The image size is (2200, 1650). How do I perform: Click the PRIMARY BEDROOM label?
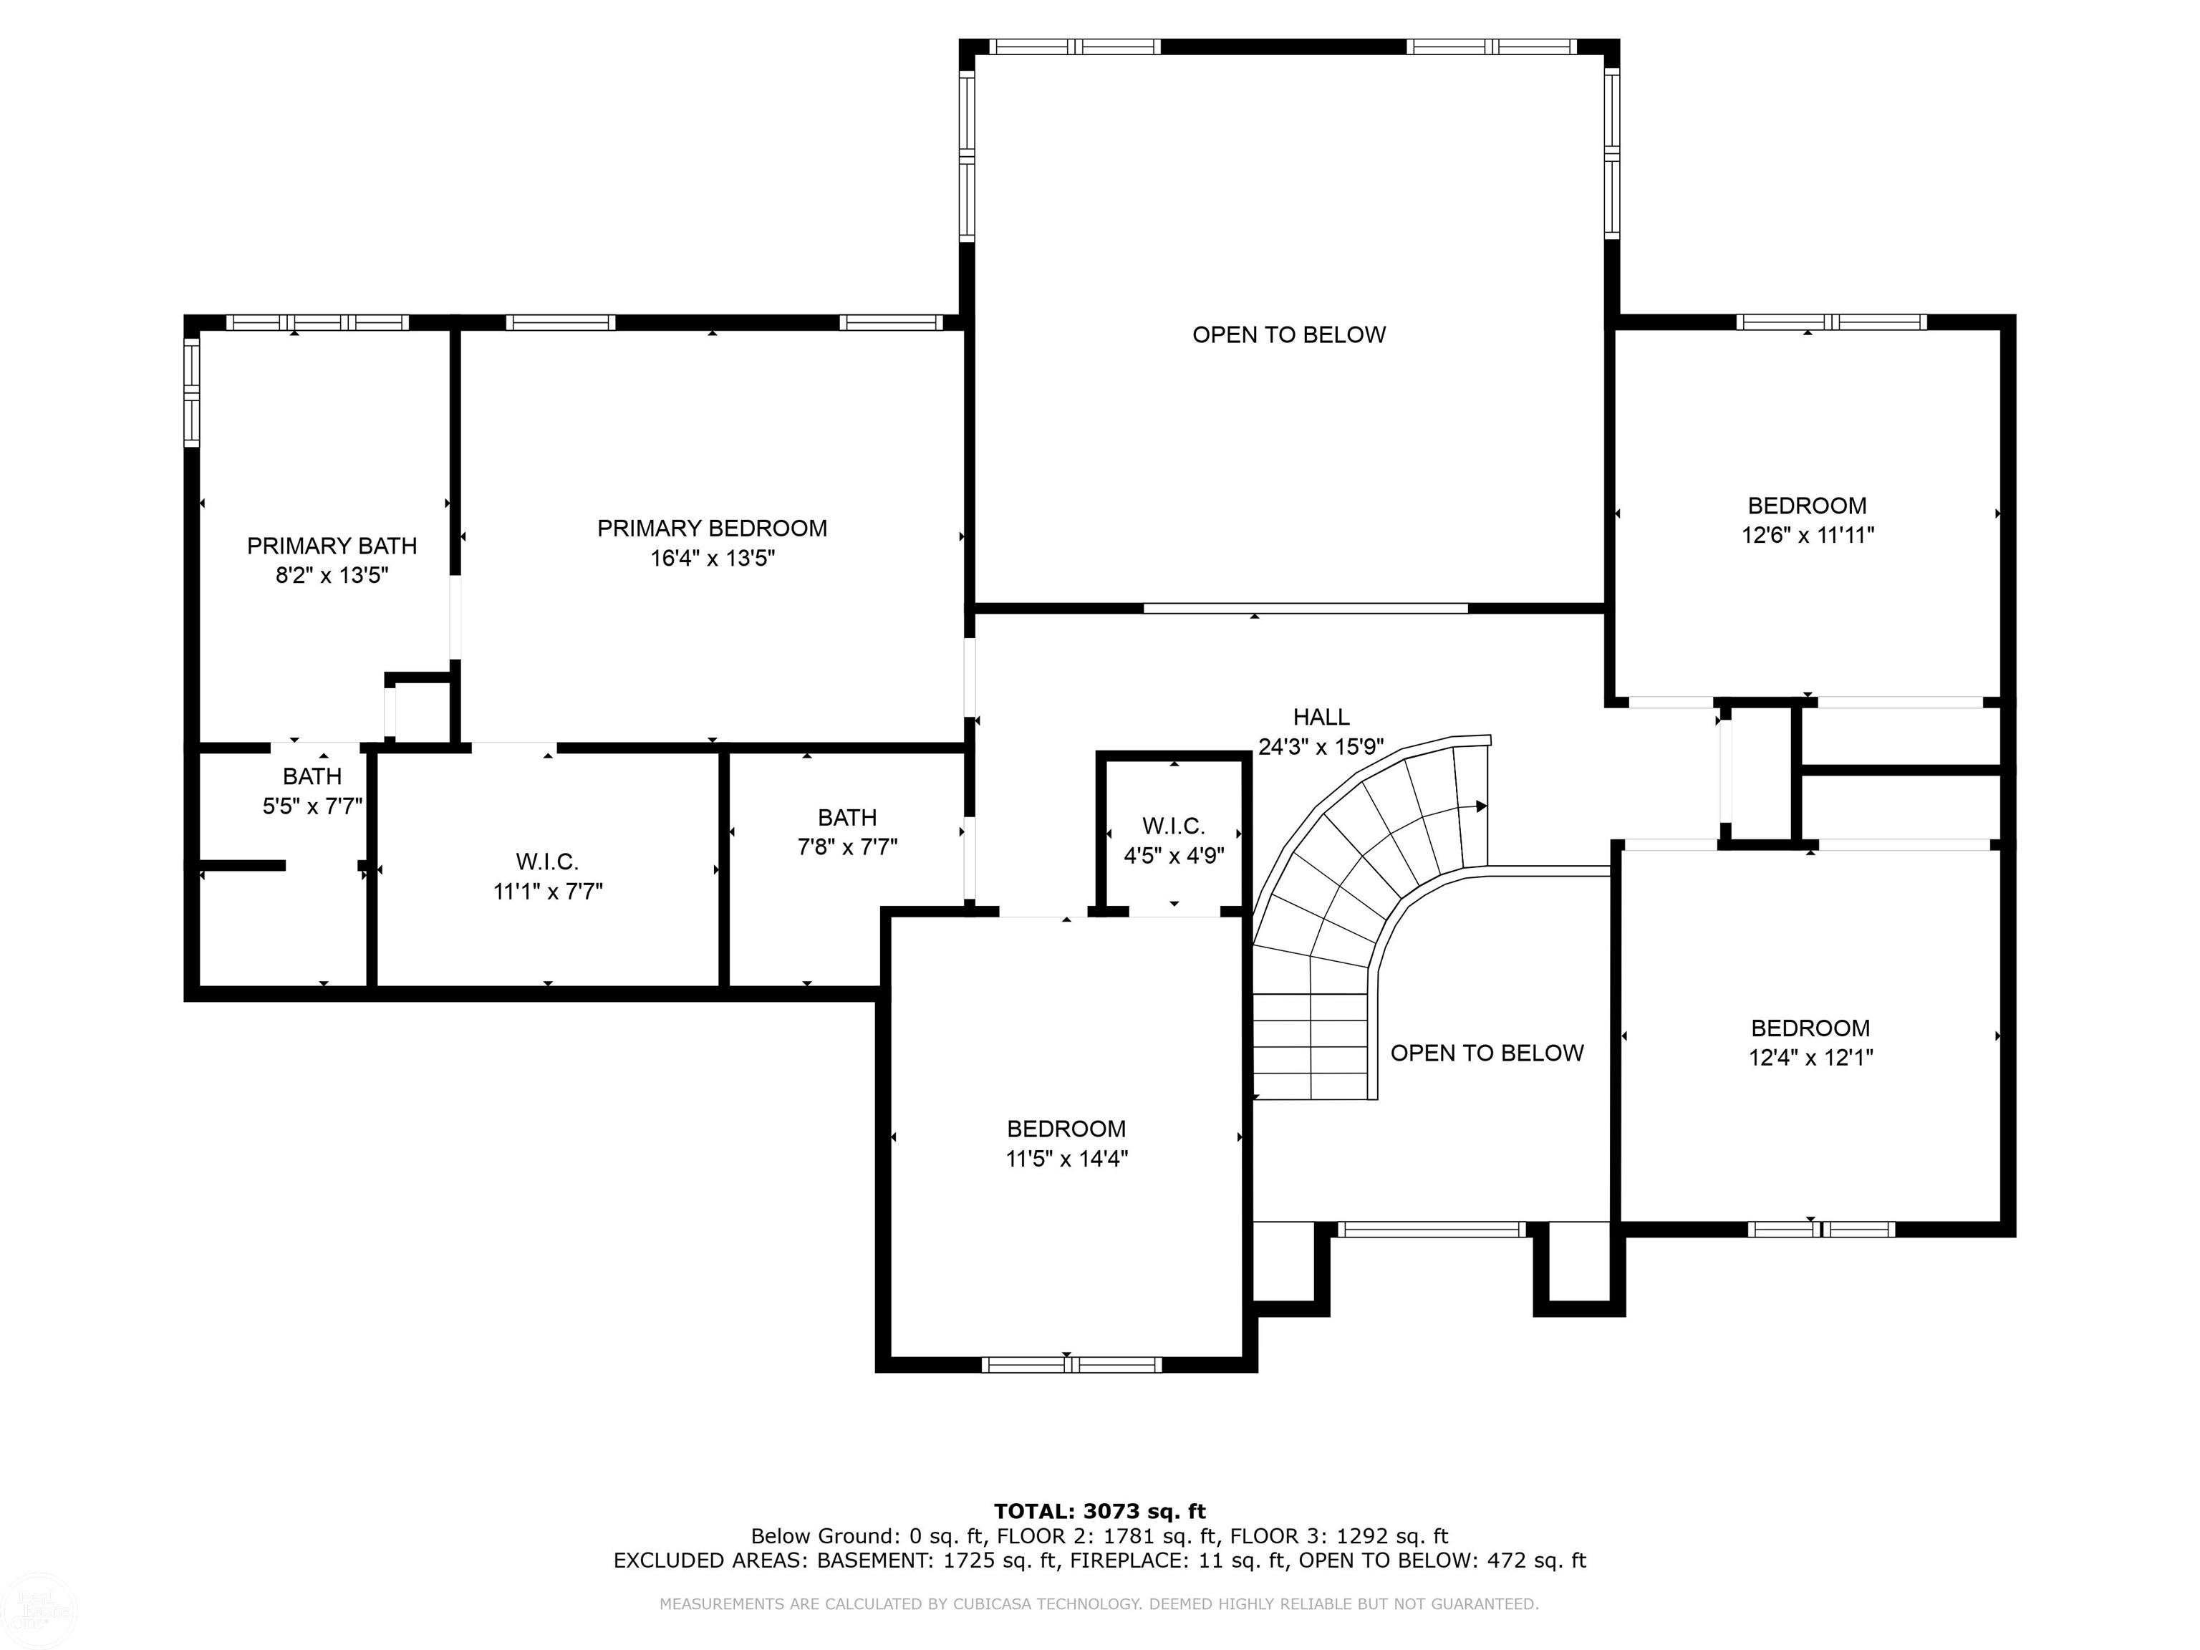(x=712, y=528)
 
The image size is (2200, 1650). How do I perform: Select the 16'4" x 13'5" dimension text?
(x=712, y=558)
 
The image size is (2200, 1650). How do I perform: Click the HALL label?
(x=1321, y=717)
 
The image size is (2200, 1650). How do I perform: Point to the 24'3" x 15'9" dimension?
(x=1321, y=747)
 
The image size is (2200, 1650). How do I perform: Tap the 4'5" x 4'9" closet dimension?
(x=1174, y=855)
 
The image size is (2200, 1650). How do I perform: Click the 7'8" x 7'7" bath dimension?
(x=847, y=847)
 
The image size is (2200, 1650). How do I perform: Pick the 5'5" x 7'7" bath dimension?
(x=312, y=806)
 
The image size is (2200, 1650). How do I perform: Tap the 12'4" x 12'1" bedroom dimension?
(x=1810, y=1057)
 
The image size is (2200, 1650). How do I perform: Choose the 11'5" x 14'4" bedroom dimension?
(x=1066, y=1159)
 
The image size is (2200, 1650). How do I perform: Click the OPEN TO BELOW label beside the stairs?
(x=1487, y=1053)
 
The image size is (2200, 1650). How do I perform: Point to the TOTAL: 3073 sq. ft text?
(x=1100, y=1512)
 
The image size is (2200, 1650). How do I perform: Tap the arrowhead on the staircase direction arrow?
(x=1482, y=806)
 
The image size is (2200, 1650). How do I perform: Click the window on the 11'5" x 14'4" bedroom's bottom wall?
(x=1071, y=1364)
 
